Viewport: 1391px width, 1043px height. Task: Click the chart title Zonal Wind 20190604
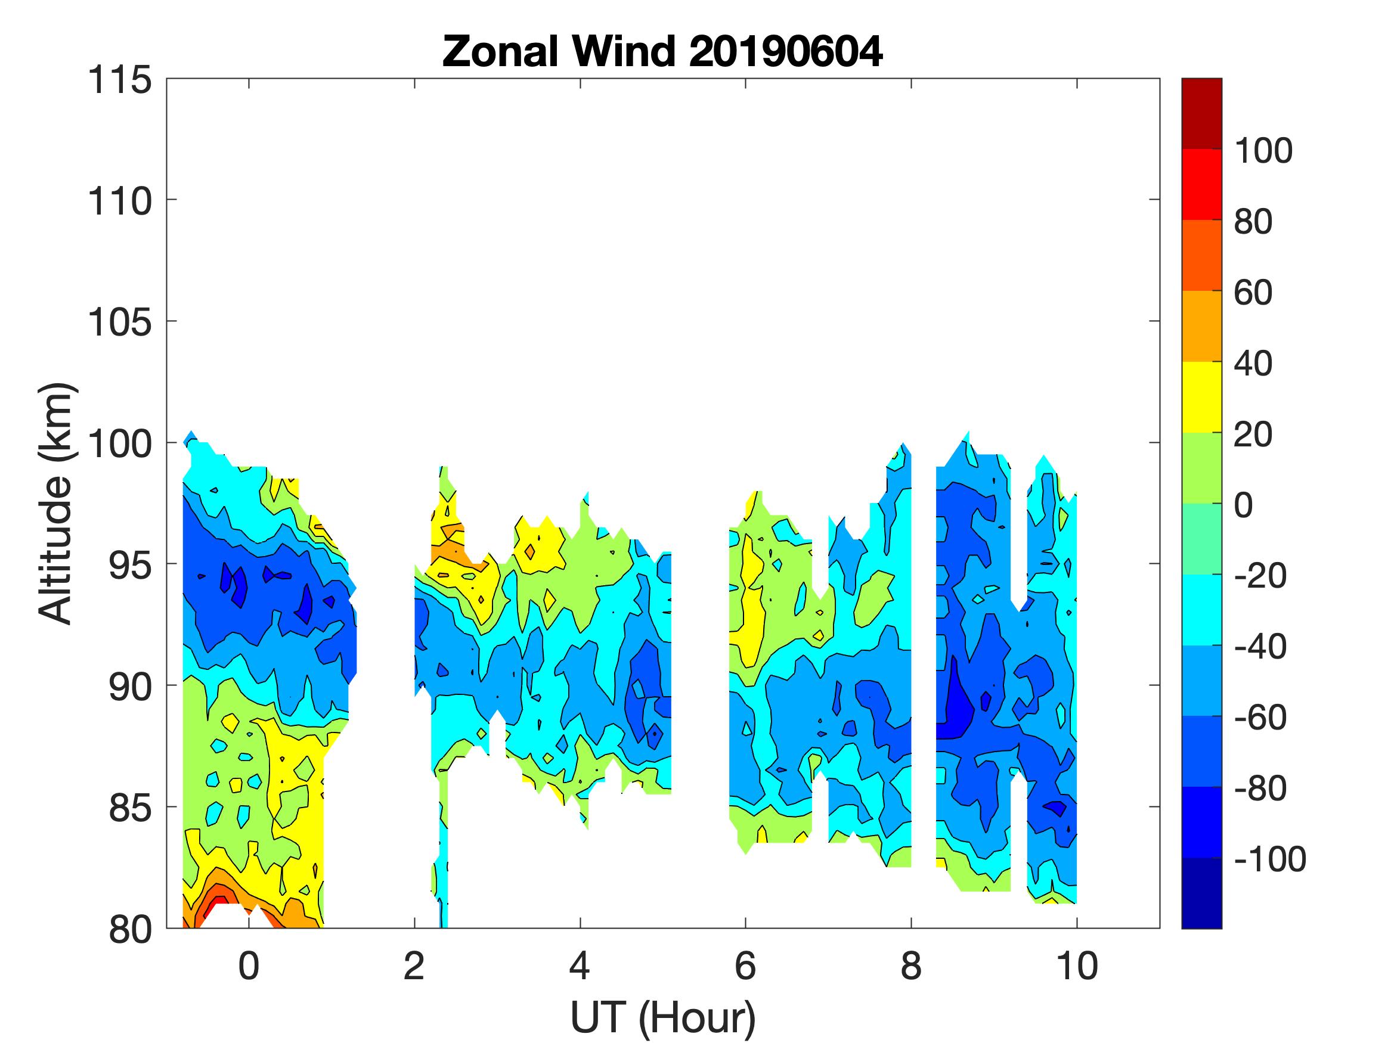(662, 51)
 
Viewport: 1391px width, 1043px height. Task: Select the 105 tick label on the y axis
(119, 322)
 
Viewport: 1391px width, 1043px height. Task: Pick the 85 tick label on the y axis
(129, 807)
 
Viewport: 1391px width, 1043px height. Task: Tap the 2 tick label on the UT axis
(414, 966)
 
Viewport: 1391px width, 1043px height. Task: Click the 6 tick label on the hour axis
(745, 966)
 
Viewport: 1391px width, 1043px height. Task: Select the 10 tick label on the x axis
(1077, 966)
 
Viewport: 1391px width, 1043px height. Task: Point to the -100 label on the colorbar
(1269, 859)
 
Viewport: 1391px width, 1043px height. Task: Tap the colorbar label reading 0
(1243, 505)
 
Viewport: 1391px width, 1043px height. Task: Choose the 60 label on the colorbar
(1253, 293)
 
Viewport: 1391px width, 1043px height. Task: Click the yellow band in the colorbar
(1201, 397)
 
